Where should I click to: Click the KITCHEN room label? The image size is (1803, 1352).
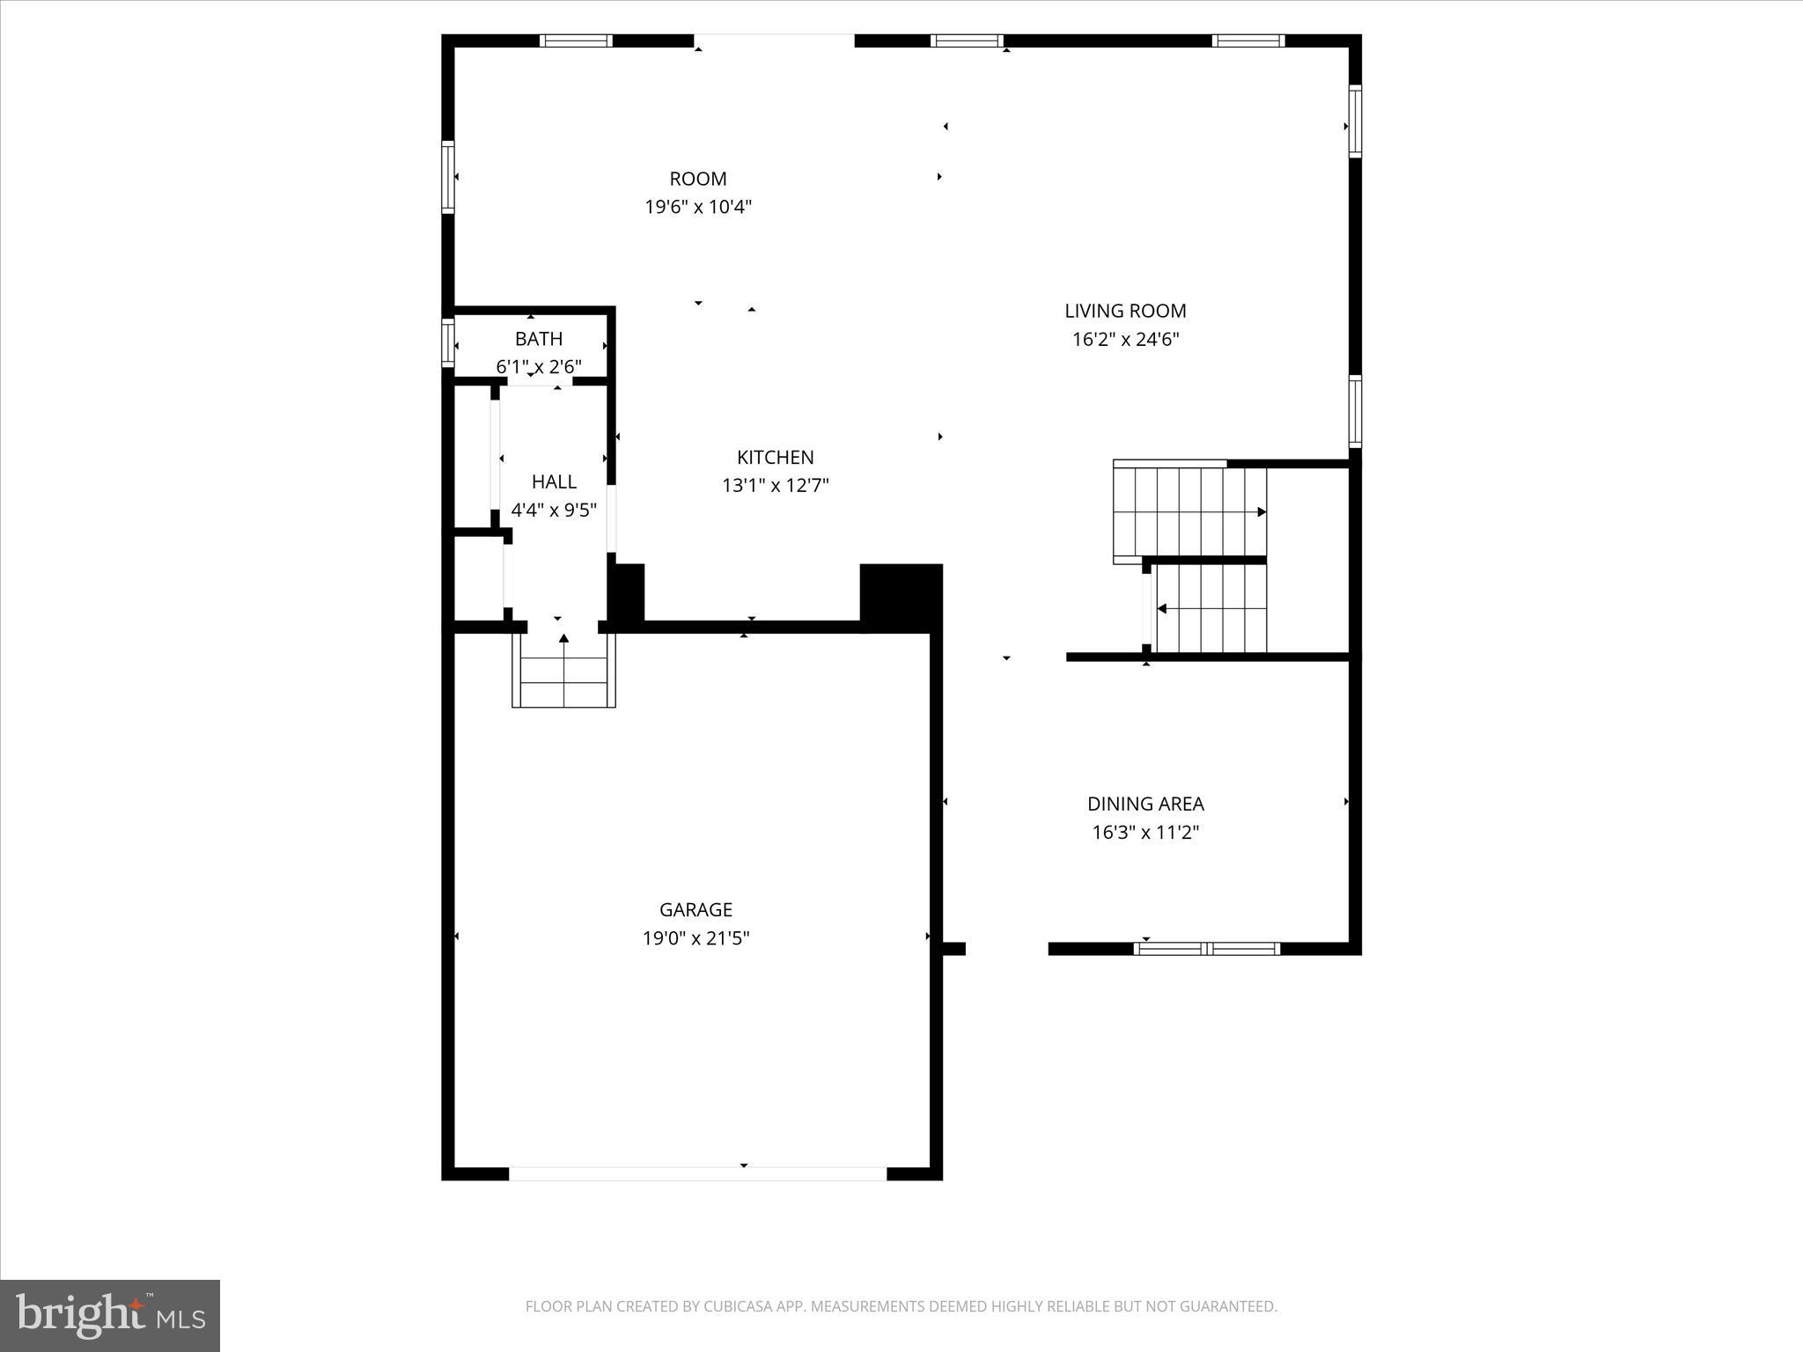[775, 457]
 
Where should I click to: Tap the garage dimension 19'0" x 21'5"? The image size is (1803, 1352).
[695, 938]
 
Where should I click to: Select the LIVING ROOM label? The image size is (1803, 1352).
[1125, 311]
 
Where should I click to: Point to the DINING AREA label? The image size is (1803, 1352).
[1145, 804]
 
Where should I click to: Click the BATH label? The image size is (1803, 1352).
[539, 339]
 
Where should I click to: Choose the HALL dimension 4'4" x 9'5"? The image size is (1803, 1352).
[554, 511]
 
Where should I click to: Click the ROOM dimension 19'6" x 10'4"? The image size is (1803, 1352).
[698, 208]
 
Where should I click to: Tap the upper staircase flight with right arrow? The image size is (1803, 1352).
[1189, 511]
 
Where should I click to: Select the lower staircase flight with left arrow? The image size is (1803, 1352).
[1211, 608]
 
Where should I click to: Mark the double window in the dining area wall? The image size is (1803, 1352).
[1206, 948]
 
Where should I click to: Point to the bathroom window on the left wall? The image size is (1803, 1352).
[447, 342]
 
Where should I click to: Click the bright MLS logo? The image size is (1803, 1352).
[110, 1316]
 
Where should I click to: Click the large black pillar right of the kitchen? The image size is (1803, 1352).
[901, 597]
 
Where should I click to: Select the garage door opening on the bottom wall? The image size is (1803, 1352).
[697, 1173]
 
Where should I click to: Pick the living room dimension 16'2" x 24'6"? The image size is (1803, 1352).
[1125, 340]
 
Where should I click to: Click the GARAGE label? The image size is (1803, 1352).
[695, 909]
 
